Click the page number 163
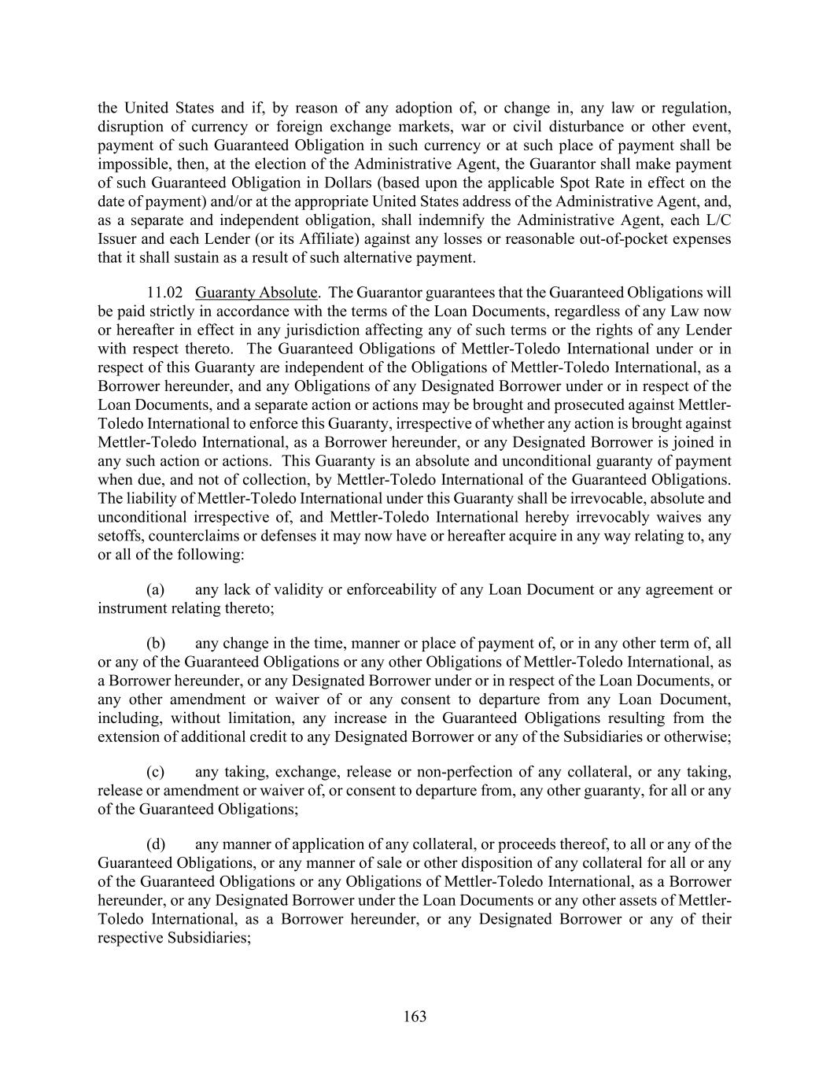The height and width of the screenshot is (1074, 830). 415,1017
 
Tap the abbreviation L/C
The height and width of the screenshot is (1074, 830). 718,220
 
